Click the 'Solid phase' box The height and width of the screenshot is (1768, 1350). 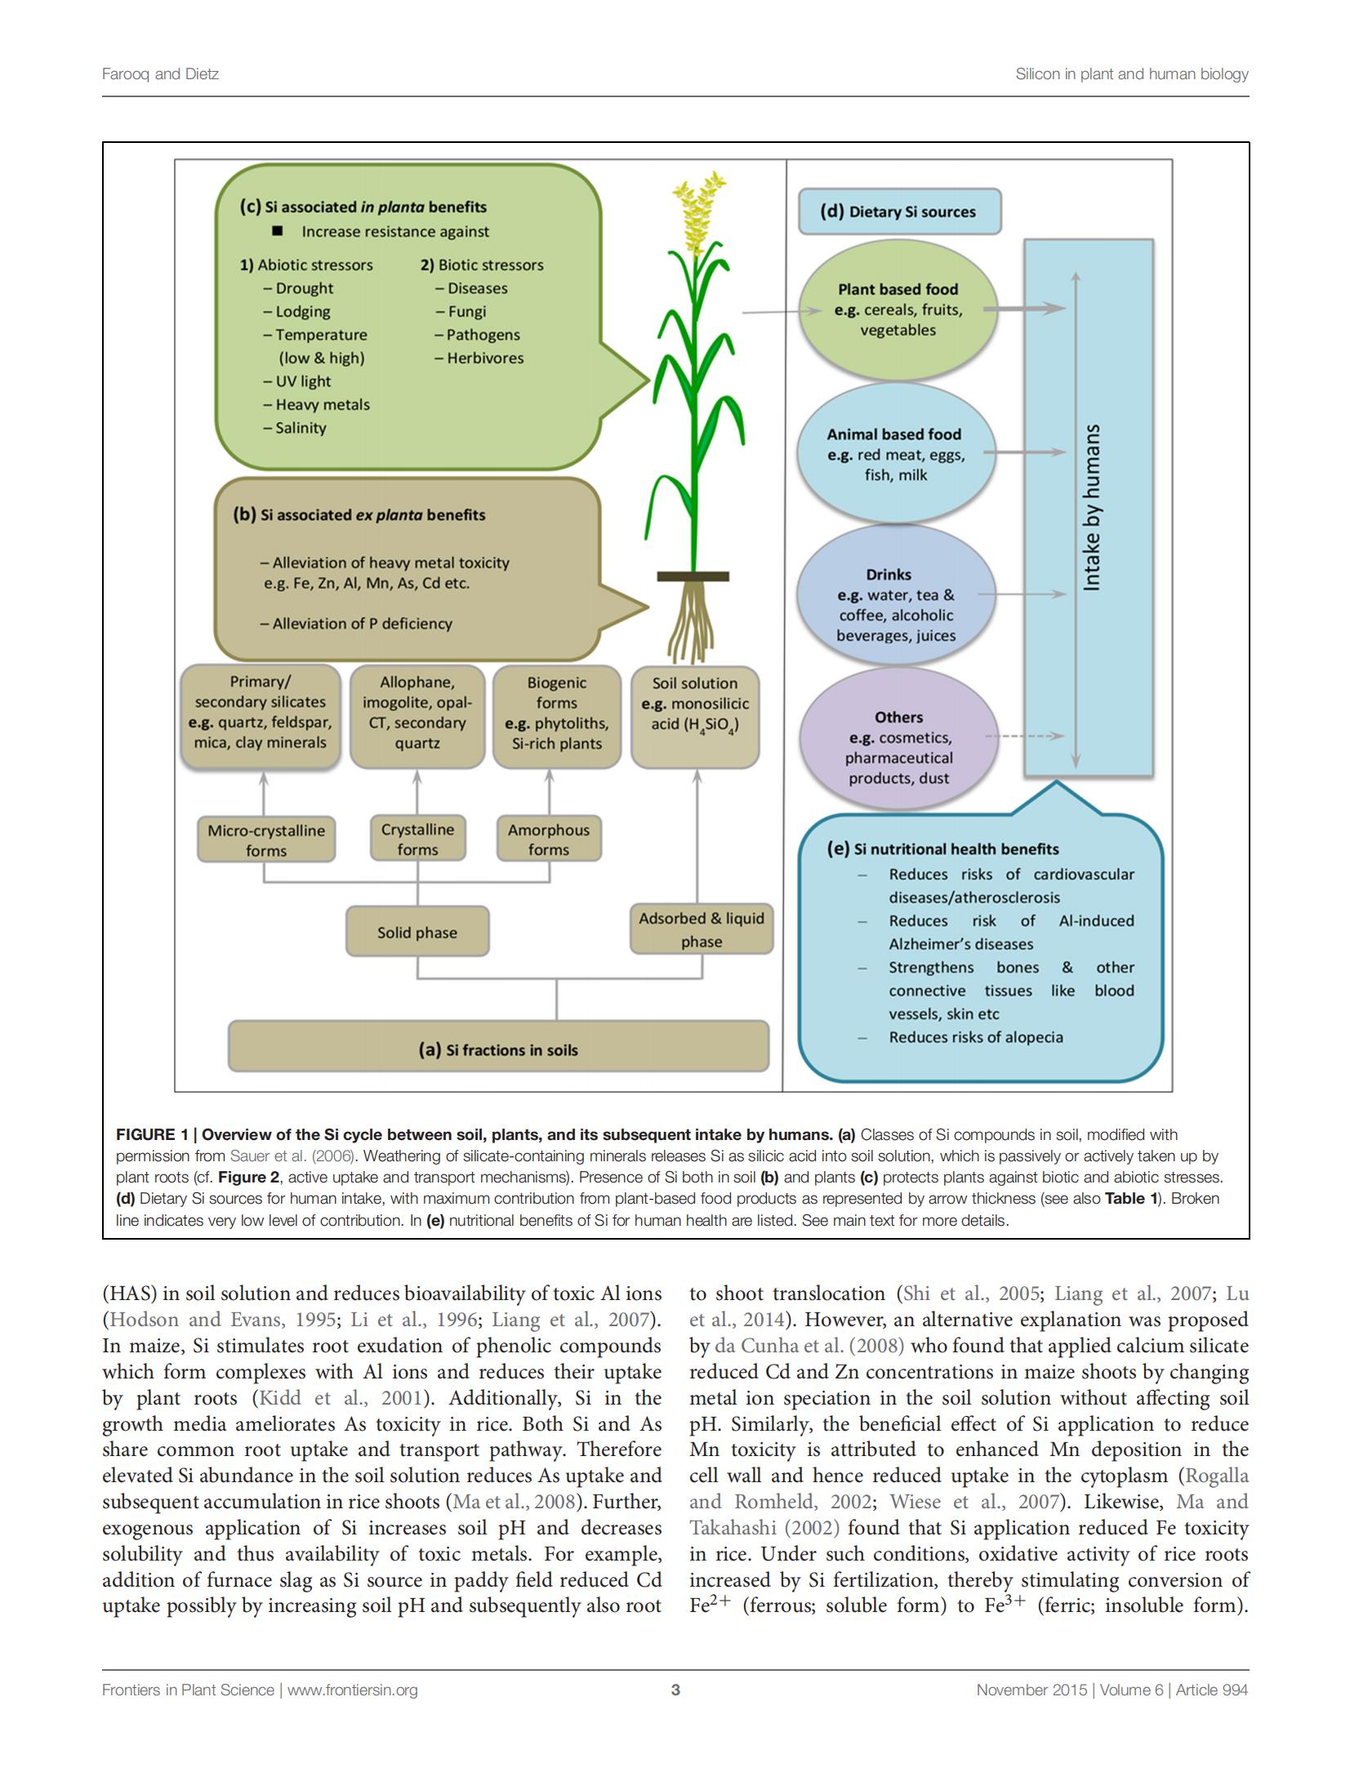click(417, 931)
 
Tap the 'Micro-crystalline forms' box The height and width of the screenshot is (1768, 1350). click(266, 839)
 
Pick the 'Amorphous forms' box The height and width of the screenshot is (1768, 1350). click(549, 839)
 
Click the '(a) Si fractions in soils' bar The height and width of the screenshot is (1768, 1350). click(498, 1047)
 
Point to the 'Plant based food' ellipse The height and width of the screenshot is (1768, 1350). click(898, 310)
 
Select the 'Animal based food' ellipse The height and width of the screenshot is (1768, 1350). click(896, 454)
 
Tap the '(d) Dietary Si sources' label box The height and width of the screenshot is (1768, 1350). click(898, 212)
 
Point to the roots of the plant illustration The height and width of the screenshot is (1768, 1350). click(691, 621)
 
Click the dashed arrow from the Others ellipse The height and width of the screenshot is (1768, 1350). click(1025, 736)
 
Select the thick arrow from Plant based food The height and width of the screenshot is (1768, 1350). click(1025, 308)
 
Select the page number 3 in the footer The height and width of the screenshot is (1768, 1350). click(675, 1690)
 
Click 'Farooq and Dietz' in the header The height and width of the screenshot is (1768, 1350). click(160, 74)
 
